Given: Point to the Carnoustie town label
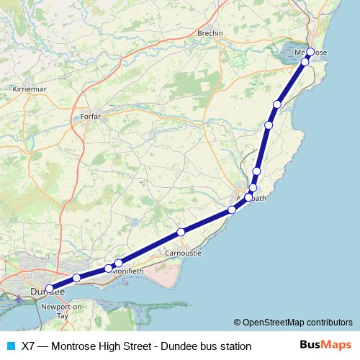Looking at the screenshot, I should [x=183, y=253].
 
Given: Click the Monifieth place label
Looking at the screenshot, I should [x=127, y=270].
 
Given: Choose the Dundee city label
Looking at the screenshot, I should [x=48, y=292].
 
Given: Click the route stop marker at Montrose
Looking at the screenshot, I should [x=311, y=52].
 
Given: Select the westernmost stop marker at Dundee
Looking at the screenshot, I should [x=50, y=289].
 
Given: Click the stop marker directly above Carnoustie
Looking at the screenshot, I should [x=181, y=232].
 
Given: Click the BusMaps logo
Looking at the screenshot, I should [x=325, y=346].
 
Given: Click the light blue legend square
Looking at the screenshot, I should [x=11, y=346].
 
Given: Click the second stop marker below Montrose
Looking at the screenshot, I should [x=276, y=105].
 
